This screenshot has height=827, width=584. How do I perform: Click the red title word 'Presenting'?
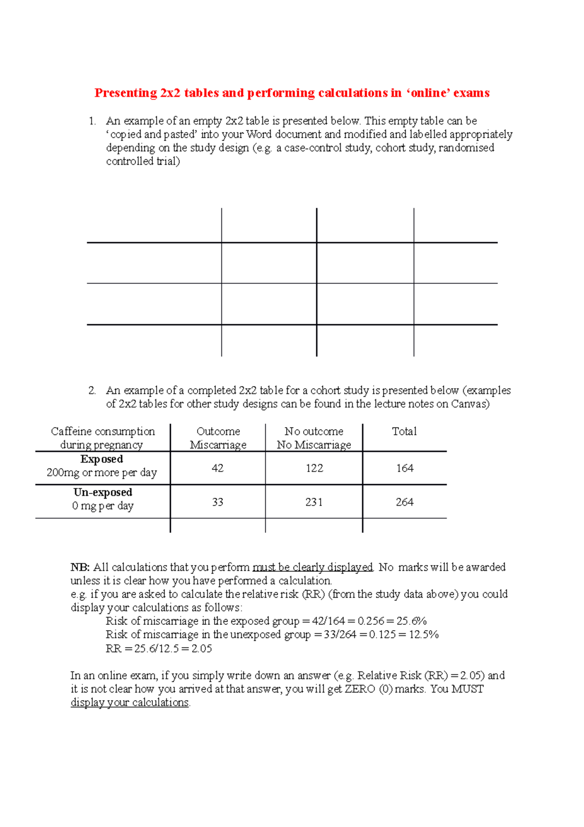click(126, 93)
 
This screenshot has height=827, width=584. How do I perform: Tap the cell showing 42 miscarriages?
click(218, 468)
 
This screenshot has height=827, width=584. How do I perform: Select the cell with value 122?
click(314, 468)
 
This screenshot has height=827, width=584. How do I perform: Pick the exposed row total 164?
click(404, 468)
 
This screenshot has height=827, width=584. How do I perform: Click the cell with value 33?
click(218, 502)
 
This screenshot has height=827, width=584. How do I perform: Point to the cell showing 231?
click(314, 502)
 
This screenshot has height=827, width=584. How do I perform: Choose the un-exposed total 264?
click(404, 502)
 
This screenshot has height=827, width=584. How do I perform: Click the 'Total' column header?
click(404, 432)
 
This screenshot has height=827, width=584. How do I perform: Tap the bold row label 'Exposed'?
click(102, 459)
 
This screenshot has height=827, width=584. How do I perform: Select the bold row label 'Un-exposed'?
click(103, 492)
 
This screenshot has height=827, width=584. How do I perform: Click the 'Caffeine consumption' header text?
click(103, 432)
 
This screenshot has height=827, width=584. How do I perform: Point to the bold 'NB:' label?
click(80, 567)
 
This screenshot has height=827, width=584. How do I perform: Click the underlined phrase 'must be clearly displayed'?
click(312, 567)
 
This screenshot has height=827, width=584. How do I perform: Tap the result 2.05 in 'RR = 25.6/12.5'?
click(201, 649)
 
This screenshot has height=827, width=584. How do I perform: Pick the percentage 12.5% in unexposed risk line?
click(423, 635)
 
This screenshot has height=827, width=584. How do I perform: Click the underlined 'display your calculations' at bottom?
click(129, 703)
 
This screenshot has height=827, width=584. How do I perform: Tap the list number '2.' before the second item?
click(92, 391)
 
